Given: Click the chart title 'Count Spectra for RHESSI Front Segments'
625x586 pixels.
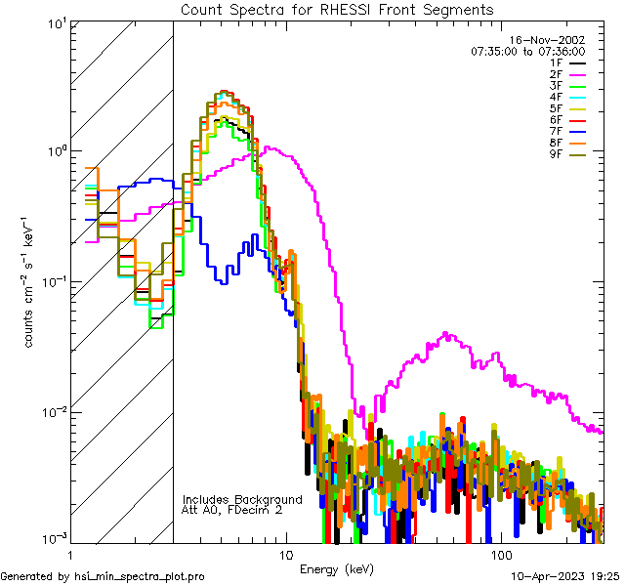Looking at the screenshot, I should click(x=337, y=10).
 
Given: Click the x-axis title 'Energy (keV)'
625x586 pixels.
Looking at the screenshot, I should click(x=337, y=569).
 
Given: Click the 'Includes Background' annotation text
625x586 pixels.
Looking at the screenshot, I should click(x=242, y=500).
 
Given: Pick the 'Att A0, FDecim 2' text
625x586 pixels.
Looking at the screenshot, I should click(x=232, y=511).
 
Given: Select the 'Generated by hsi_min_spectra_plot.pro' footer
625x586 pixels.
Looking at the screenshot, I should click(x=103, y=577).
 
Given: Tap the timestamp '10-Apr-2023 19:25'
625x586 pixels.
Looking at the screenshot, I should click(x=562, y=577).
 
